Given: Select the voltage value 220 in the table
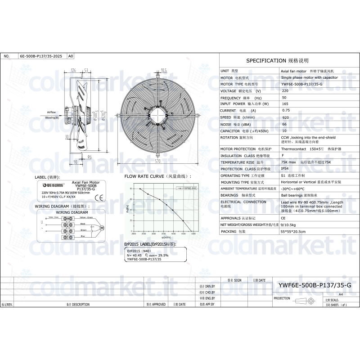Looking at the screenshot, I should pos(285,91).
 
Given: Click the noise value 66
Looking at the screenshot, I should pos(284,124).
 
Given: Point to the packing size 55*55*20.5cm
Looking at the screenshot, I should pos(293,231).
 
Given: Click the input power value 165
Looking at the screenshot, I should pos(285,104).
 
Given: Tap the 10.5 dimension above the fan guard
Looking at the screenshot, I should pos(163,70).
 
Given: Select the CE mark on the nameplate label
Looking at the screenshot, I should pos(101,197).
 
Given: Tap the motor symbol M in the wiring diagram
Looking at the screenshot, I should pos(102,228).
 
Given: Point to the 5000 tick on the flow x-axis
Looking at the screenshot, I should pos(193,234).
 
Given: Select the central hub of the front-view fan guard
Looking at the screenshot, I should pos(157,114).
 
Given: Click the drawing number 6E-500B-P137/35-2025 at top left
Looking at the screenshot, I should pos(41,57).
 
